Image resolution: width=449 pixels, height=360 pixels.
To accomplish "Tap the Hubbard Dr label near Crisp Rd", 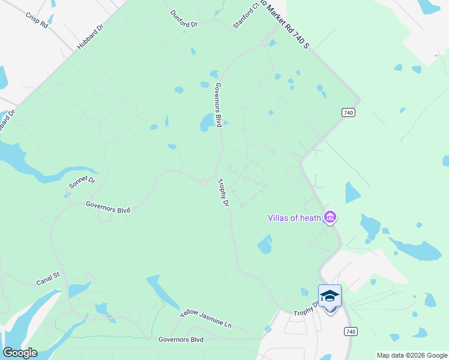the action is coord(89,40).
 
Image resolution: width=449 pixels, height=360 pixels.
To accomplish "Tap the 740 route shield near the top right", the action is coord(348,112).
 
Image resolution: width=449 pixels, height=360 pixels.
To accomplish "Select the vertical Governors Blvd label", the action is coord(218,105).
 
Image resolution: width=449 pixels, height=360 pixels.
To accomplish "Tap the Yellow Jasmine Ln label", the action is coord(205,319).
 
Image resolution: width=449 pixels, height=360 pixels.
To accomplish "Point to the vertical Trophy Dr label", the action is coord(223,193).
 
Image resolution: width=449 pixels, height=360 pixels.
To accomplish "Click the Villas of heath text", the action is coord(294,217).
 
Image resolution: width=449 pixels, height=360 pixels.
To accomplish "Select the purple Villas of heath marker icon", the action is coord(329,217).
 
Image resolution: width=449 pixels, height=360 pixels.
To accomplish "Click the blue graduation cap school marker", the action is coord(330,296).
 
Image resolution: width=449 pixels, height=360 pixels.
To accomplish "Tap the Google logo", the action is coord(20,353).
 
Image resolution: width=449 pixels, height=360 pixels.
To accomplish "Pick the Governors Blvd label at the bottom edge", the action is coord(181,340).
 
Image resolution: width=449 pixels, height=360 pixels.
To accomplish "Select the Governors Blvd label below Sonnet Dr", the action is coord(108,208).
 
